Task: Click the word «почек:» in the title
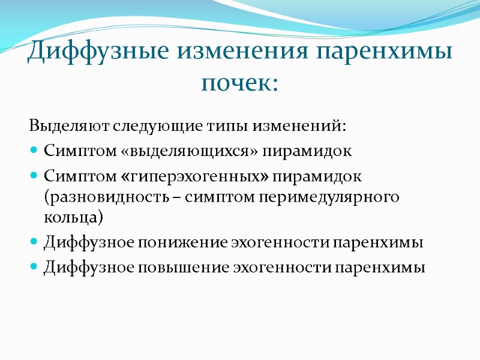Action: (x=239, y=82)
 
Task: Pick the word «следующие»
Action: (x=131, y=128)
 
